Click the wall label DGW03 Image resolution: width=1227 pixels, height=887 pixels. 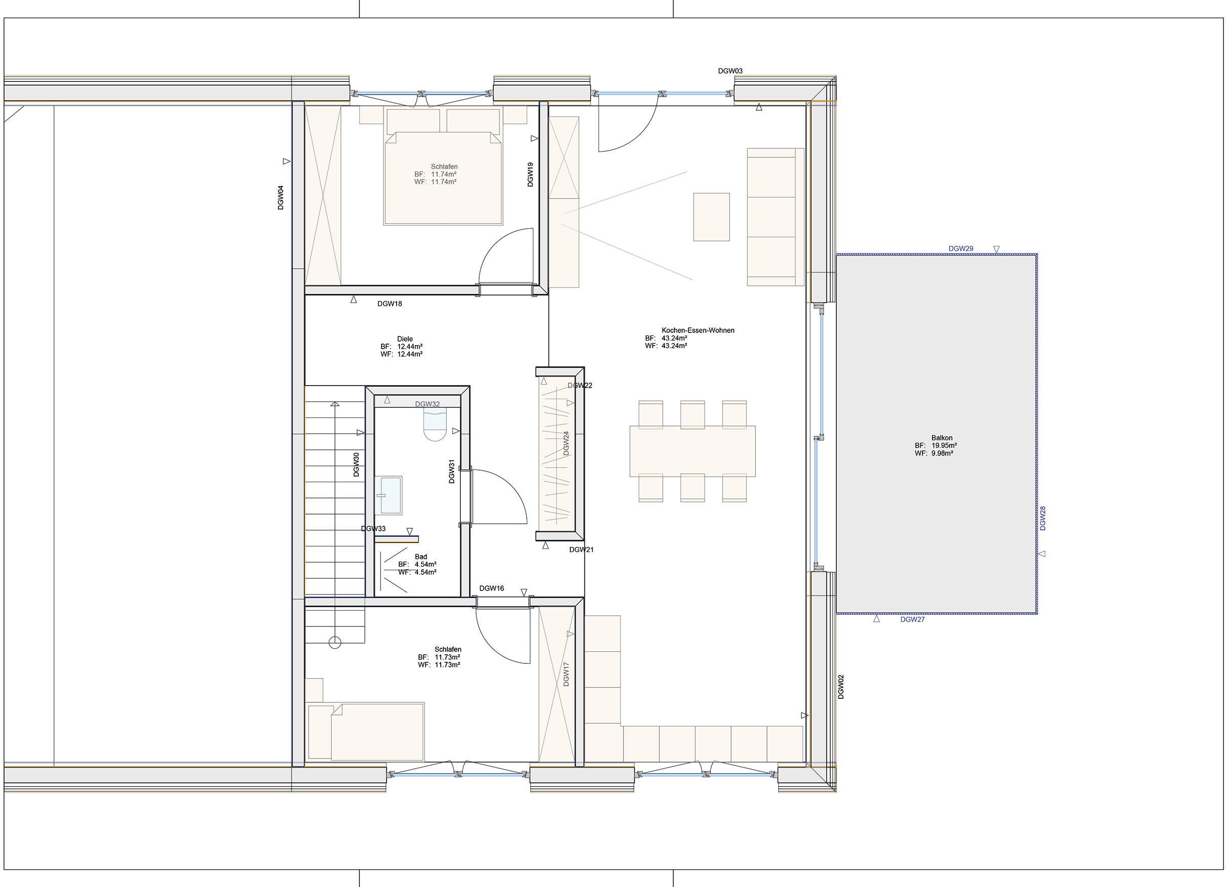click(x=730, y=71)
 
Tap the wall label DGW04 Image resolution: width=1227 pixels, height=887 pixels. click(x=280, y=197)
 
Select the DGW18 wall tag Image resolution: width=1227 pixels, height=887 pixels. click(x=390, y=304)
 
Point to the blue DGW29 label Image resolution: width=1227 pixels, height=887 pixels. click(x=961, y=249)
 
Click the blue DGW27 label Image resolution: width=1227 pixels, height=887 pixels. click(x=913, y=619)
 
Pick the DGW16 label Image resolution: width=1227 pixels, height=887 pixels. click(x=491, y=588)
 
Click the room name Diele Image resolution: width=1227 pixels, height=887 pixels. click(x=405, y=339)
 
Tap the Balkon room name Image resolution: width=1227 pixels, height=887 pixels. click(x=942, y=438)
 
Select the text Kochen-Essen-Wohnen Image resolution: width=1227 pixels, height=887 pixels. click(x=698, y=330)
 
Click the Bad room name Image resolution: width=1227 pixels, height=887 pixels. click(x=421, y=557)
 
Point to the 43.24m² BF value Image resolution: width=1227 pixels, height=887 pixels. click(x=674, y=338)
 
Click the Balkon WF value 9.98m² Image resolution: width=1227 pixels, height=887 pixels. click(x=942, y=453)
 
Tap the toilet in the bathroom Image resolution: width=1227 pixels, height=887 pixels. click(x=435, y=425)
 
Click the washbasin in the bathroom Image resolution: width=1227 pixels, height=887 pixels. click(x=389, y=495)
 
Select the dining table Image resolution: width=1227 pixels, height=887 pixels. click(x=693, y=451)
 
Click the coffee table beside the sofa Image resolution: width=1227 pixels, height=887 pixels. click(x=711, y=217)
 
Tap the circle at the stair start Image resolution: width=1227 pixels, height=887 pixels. click(x=335, y=643)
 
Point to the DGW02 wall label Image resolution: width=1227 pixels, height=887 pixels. click(x=841, y=687)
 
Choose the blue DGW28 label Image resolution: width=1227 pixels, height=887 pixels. click(x=1042, y=518)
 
